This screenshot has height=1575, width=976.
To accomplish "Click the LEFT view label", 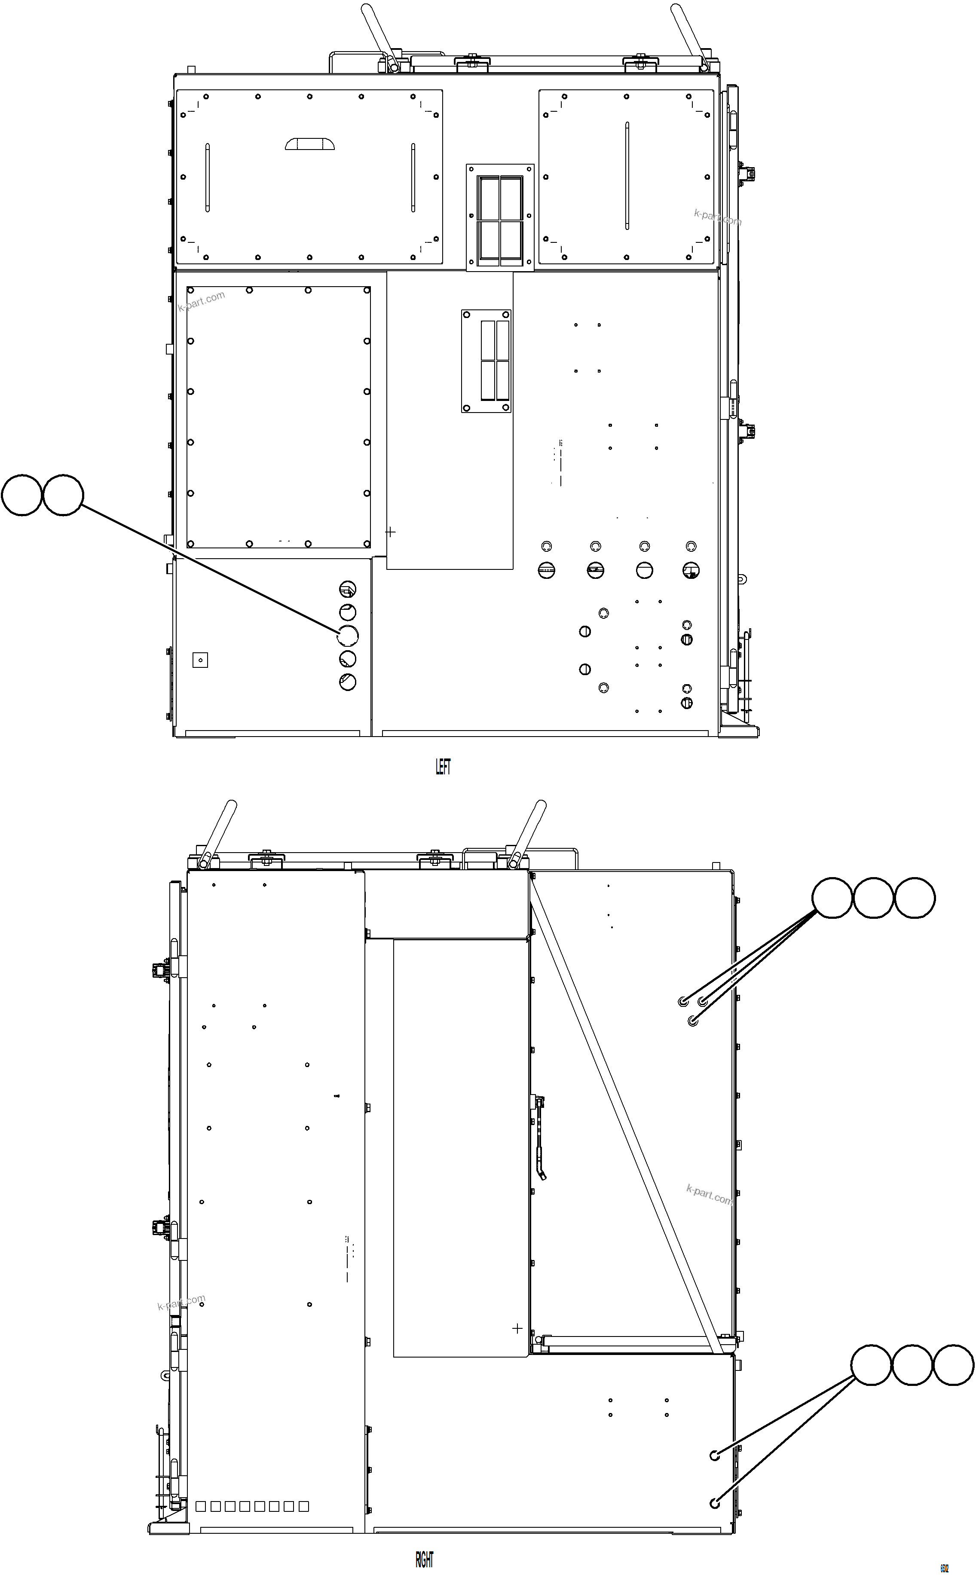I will pos(443,767).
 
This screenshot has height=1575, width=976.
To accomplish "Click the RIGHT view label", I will pos(424,1560).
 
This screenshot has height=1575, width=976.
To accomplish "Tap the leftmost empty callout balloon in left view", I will pos(22,495).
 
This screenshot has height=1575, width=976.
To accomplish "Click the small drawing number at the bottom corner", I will pos(944,1568).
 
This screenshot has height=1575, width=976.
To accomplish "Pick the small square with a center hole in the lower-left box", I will pos(201,660).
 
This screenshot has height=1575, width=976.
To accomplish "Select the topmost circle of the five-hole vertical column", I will pos(347,589).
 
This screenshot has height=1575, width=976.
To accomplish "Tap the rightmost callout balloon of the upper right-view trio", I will pos(915,897).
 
